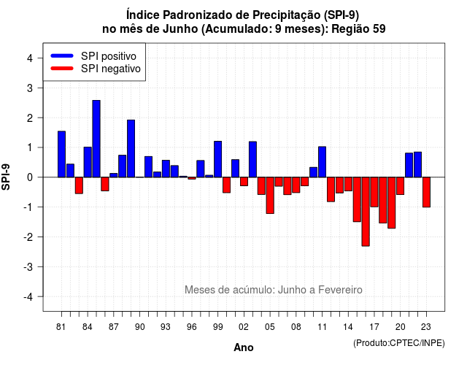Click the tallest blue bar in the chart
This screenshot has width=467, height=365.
[96, 139]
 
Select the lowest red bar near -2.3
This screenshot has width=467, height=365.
[366, 212]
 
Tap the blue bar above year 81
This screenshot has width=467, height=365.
[61, 154]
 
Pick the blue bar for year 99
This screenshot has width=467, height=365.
[217, 159]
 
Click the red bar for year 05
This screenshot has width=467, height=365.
[270, 195]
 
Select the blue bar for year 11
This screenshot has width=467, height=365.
[322, 162]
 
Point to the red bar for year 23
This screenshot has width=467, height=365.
[426, 192]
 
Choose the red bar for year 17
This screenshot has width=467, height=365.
[374, 192]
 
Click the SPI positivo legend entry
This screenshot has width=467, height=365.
[93, 56]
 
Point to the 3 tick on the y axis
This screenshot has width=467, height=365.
[29, 88]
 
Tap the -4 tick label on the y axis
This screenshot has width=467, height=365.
[28, 297]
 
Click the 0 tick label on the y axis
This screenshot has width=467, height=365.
[29, 177]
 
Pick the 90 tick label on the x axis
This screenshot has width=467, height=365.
[139, 327]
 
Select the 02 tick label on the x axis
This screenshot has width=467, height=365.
[244, 327]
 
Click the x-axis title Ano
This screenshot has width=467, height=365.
[244, 347]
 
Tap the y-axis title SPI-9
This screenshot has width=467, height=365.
[6, 177]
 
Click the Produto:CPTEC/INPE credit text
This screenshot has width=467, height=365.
[399, 343]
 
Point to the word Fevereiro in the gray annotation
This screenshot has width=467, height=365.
[340, 290]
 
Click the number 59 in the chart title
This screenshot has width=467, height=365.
[379, 29]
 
